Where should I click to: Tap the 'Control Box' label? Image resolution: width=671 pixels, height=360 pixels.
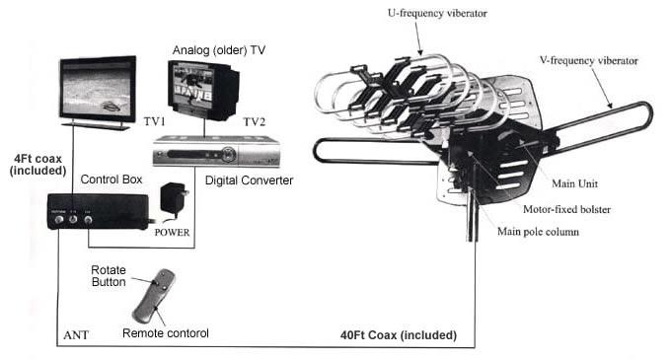(111, 180)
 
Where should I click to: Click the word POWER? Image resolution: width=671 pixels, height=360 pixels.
(171, 235)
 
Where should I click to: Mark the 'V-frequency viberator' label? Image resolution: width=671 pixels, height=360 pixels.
(588, 60)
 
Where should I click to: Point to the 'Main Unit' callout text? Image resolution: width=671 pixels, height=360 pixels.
(574, 182)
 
